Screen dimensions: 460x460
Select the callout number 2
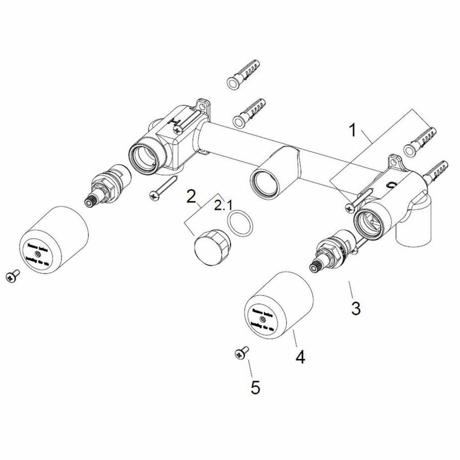pos(191,196)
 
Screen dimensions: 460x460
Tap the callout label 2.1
pos(223,206)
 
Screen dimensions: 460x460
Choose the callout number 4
pos(300,356)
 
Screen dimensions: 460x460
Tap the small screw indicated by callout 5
pos(240,352)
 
